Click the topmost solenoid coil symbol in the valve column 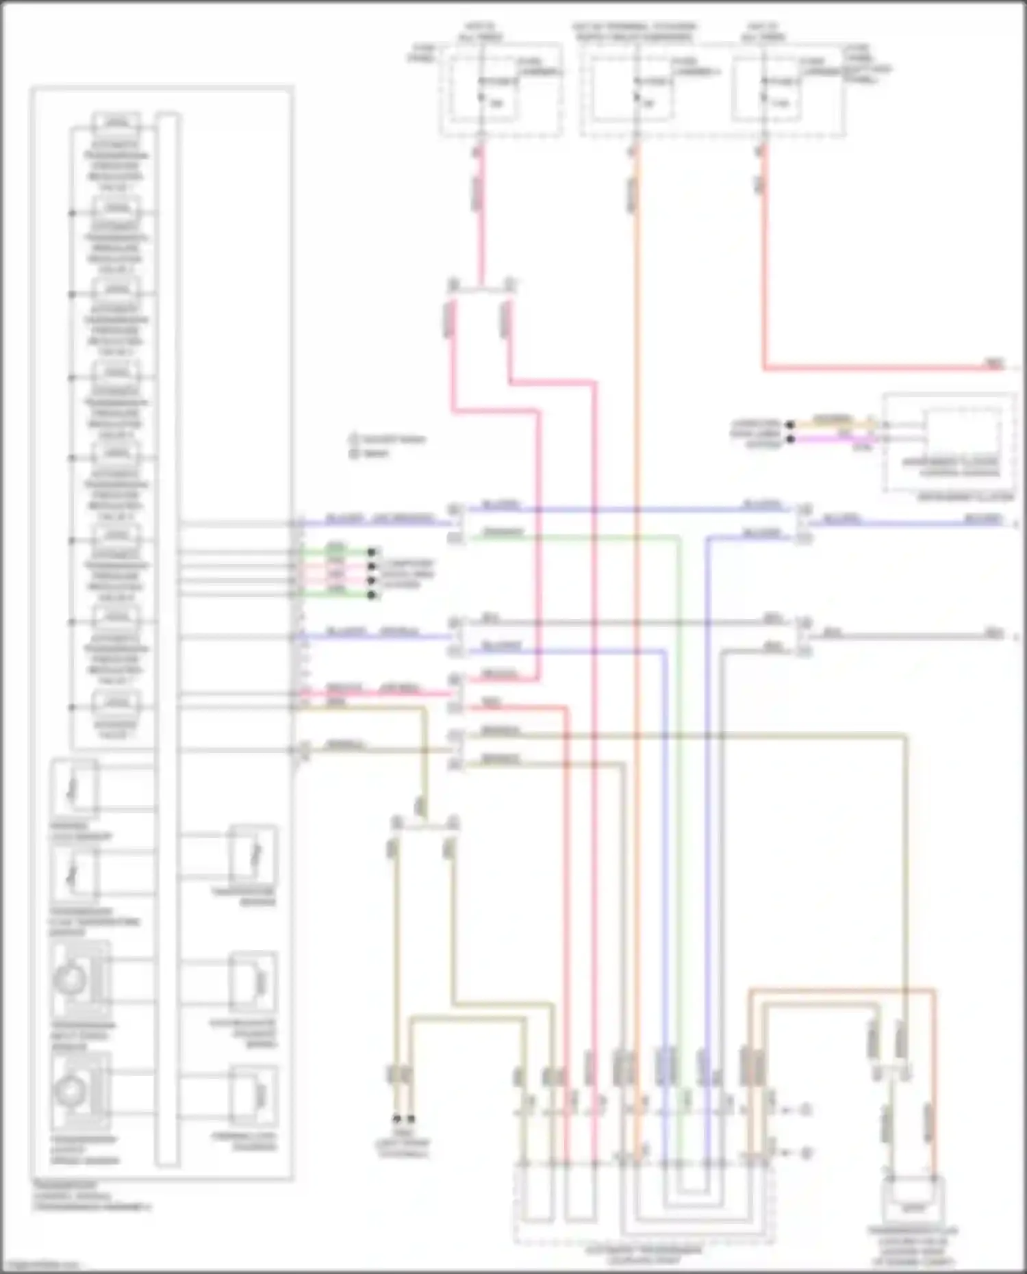pyautogui.click(x=116, y=124)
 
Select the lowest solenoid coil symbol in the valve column pyautogui.click(x=116, y=702)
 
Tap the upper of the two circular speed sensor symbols pyautogui.click(x=71, y=980)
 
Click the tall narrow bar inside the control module pyautogui.click(x=167, y=637)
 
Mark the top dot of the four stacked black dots pyautogui.click(x=372, y=552)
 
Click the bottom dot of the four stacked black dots pyautogui.click(x=372, y=595)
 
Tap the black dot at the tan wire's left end pyautogui.click(x=790, y=425)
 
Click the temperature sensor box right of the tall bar pyautogui.click(x=253, y=855)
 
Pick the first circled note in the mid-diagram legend pyautogui.click(x=354, y=439)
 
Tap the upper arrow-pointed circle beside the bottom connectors pyautogui.click(x=806, y=1109)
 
